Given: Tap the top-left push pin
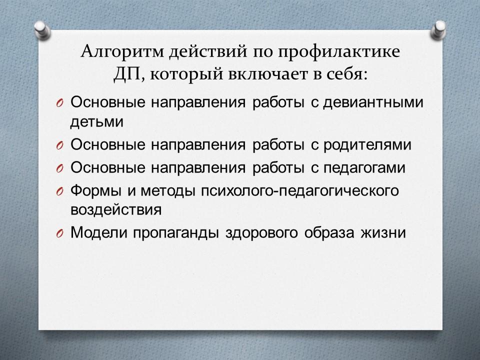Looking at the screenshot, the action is [42, 29].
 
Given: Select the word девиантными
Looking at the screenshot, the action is [373, 102].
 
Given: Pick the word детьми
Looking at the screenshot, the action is [96, 122].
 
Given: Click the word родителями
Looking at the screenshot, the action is [367, 145].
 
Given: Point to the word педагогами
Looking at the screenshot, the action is [364, 168].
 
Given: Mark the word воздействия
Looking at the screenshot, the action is [116, 210].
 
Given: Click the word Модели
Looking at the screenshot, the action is [98, 232].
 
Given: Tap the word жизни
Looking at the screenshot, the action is [383, 232].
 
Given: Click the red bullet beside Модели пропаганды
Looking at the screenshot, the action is [59, 234].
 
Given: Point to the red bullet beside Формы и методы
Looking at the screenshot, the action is [59, 192].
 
